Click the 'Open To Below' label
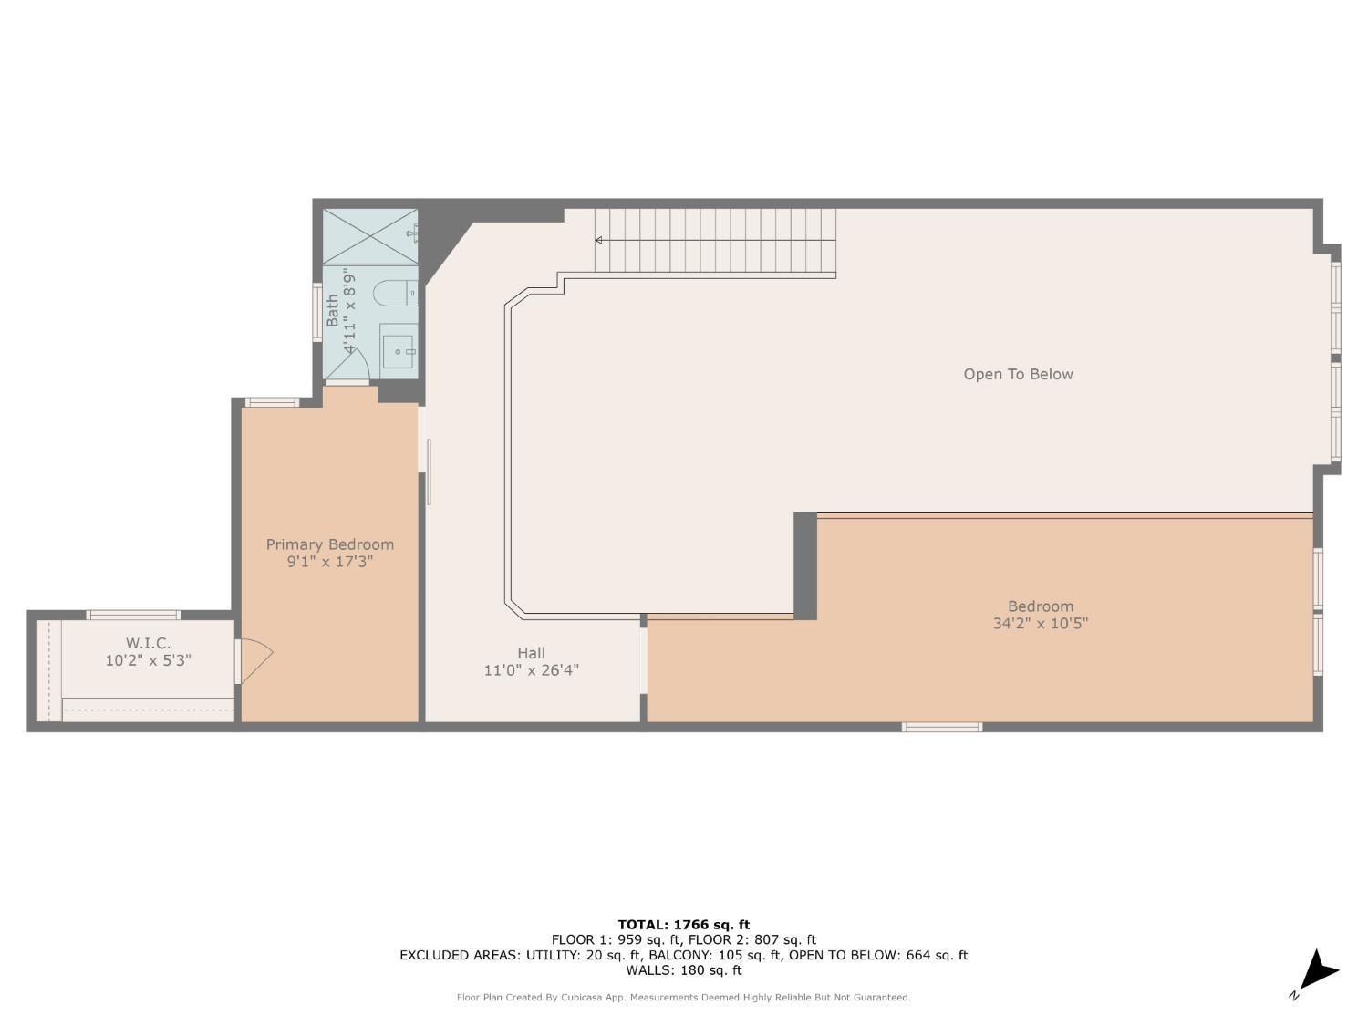pyautogui.click(x=1018, y=374)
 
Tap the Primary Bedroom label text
pyautogui.click(x=330, y=544)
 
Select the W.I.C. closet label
pyautogui.click(x=149, y=644)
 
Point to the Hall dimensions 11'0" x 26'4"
pyautogui.click(x=531, y=670)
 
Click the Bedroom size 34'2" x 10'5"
pyautogui.click(x=1041, y=624)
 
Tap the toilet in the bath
pyautogui.click(x=393, y=294)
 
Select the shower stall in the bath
pyautogui.click(x=369, y=236)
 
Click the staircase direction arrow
pyautogui.click(x=600, y=241)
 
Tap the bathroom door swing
pyautogui.click(x=351, y=368)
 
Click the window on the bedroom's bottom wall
pyautogui.click(x=942, y=727)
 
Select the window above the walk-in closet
pyautogui.click(x=133, y=615)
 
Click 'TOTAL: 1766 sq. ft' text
pyautogui.click(x=683, y=925)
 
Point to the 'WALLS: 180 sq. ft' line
pyautogui.click(x=683, y=970)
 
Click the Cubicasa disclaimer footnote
pyautogui.click(x=683, y=998)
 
